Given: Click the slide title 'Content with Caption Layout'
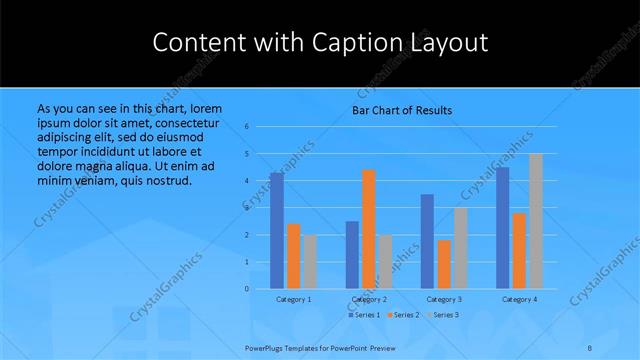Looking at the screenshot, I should click(320, 43).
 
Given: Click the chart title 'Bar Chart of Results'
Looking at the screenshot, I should click(402, 110).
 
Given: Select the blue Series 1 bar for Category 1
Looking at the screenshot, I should click(277, 230).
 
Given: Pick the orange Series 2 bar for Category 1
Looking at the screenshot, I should click(293, 256).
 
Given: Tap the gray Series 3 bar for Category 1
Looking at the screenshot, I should click(310, 261).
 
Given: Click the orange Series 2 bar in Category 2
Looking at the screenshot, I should click(369, 229).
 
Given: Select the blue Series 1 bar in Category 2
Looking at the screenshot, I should click(352, 254).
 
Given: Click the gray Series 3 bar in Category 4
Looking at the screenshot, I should click(536, 221).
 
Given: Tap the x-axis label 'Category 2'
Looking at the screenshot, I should click(369, 299).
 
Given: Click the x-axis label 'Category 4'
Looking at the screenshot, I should click(519, 299).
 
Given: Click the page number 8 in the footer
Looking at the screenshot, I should click(590, 347).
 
